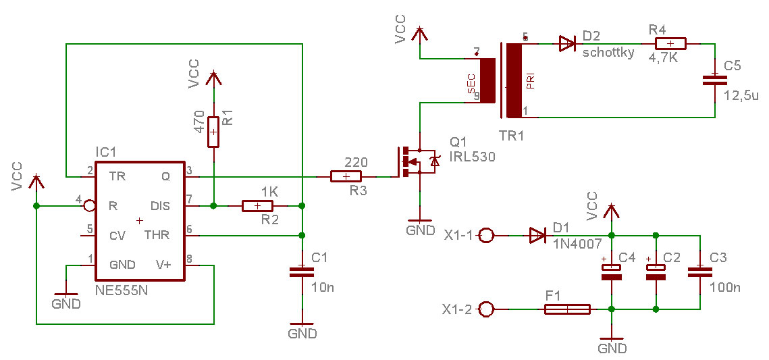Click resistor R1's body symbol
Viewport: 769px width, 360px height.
click(x=213, y=132)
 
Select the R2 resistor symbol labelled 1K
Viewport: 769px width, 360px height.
click(x=257, y=206)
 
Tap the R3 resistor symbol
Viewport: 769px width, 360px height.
click(x=346, y=176)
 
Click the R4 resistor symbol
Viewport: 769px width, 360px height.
click(x=670, y=44)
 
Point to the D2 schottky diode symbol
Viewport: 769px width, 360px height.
click(x=567, y=44)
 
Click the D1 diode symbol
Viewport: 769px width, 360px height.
click(x=537, y=236)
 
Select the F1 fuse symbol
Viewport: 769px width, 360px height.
click(x=567, y=309)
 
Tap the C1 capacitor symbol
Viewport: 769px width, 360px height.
click(x=302, y=272)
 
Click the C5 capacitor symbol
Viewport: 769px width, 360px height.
click(x=714, y=80)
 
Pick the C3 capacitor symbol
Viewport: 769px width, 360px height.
click(x=700, y=272)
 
